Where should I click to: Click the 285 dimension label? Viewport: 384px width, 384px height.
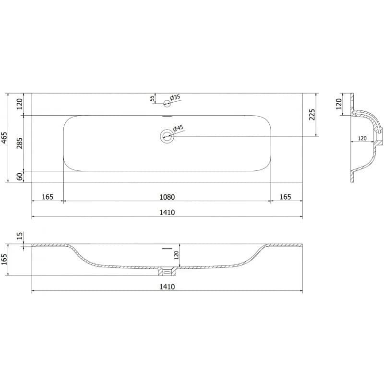tap(20, 143)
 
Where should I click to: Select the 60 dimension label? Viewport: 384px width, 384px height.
tap(20, 176)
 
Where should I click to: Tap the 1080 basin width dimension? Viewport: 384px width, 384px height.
tap(167, 197)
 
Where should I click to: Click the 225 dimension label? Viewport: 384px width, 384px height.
tap(312, 115)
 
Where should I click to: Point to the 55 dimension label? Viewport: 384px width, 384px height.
tap(152, 98)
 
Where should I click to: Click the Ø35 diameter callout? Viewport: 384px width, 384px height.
tap(175, 98)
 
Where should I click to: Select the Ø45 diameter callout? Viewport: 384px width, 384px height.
tap(178, 128)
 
